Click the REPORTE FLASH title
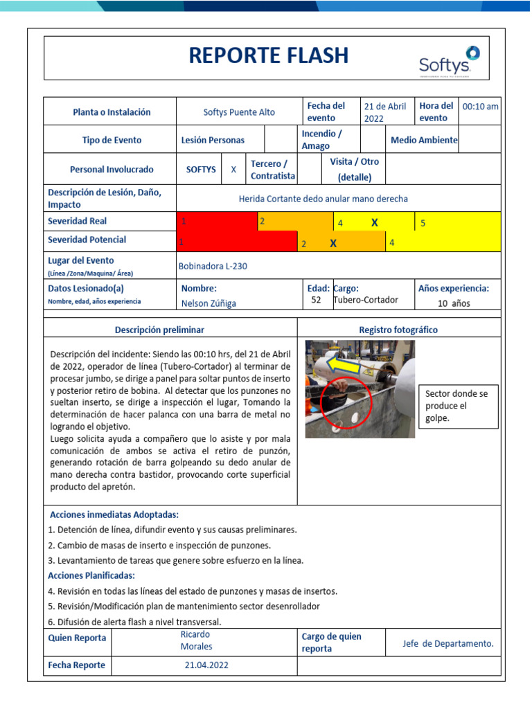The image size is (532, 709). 269,56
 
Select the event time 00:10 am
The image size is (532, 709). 480,107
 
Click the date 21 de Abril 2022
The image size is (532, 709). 385,112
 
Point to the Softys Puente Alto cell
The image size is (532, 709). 239,112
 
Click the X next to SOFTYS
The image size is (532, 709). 233,170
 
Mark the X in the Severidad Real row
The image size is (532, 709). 375,222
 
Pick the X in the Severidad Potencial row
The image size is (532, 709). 333,243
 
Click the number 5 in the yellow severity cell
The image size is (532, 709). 423,223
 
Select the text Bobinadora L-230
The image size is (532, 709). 213,266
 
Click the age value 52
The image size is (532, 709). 316,300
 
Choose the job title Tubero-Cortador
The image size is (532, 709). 366,300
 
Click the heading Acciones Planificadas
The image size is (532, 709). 91,576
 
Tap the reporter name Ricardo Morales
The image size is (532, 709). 195,640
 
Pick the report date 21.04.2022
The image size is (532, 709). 206,665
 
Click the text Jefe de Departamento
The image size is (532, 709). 448,643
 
